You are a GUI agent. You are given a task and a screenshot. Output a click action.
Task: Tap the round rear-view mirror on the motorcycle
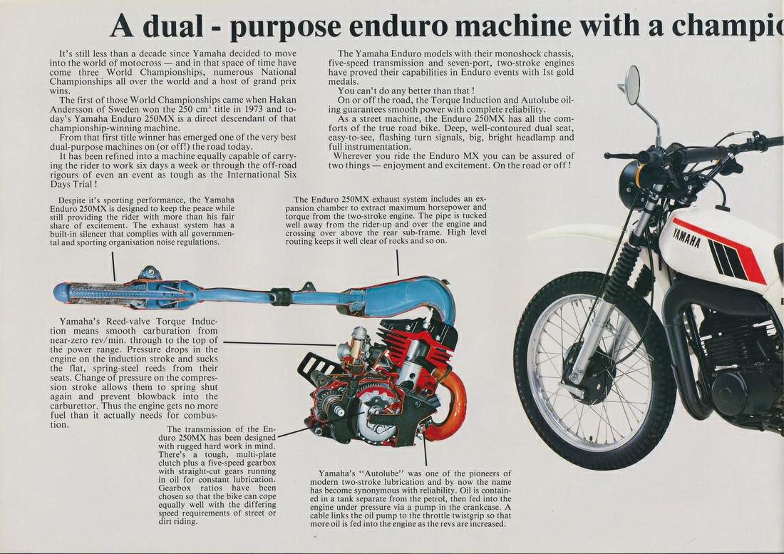(631, 85)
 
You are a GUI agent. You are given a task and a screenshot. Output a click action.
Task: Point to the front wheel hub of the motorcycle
(589, 371)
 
